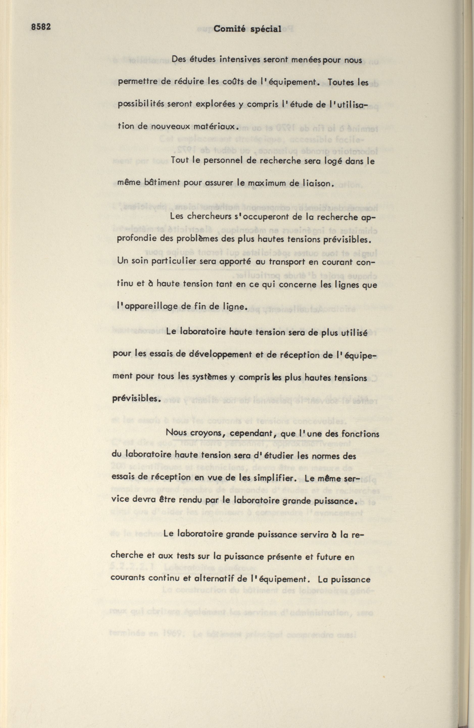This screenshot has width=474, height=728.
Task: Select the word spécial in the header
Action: [x=265, y=30]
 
